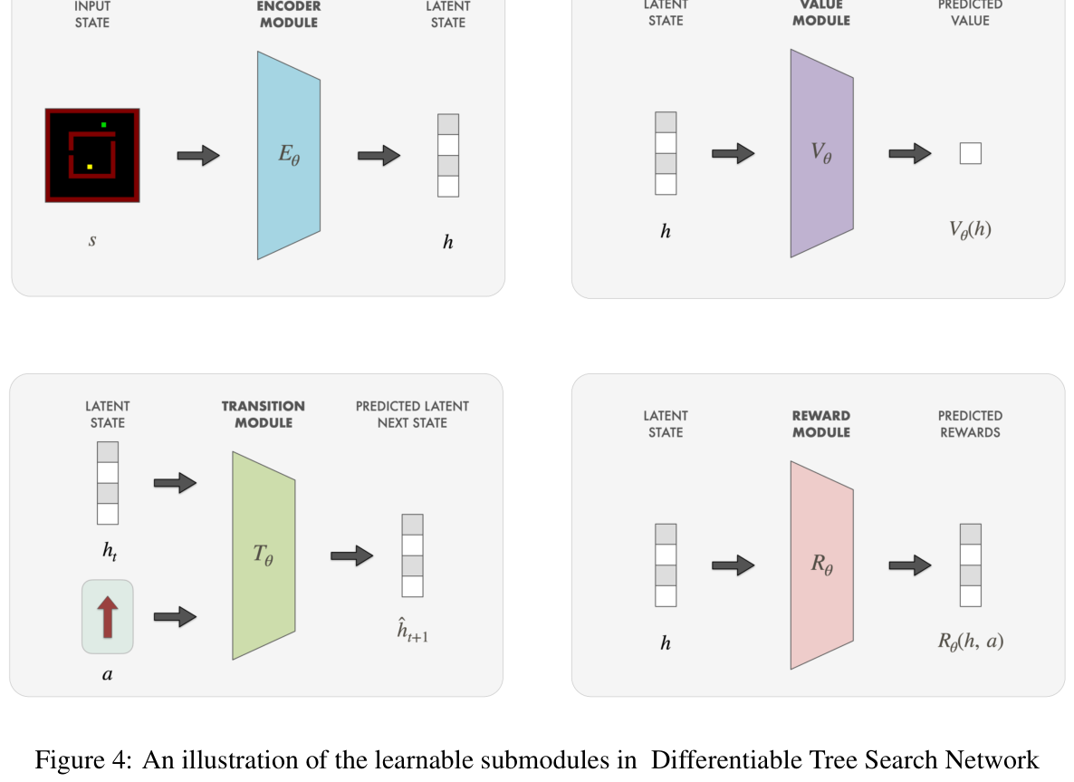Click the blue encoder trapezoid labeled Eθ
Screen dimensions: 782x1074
point(289,155)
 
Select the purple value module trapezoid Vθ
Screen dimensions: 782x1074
point(821,153)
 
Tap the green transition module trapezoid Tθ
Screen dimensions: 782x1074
point(264,555)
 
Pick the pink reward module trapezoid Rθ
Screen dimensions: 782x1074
point(821,565)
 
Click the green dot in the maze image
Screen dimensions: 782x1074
point(104,124)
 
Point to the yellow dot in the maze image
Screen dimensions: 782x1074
point(90,167)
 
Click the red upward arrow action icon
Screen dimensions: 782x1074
point(108,616)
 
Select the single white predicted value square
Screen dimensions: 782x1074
point(970,153)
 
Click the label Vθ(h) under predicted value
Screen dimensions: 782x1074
point(970,229)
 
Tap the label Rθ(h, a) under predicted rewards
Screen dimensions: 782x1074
point(970,642)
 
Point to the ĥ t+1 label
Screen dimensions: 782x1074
point(412,631)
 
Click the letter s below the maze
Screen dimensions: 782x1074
point(92,241)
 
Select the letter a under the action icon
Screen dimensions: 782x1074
point(108,674)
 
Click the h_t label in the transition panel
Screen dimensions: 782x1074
point(109,551)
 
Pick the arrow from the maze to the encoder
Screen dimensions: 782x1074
point(198,155)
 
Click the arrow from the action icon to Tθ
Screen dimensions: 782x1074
point(175,617)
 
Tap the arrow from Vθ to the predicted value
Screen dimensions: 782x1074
point(909,153)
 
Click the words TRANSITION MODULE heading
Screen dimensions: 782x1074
point(264,414)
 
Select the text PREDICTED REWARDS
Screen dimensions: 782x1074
point(970,424)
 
